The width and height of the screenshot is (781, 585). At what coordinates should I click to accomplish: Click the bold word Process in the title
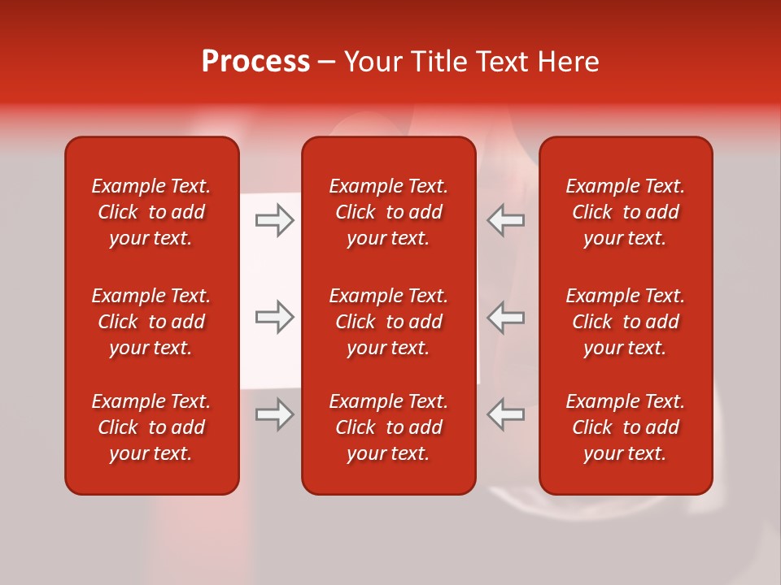(255, 62)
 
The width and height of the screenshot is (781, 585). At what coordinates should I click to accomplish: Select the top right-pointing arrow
(274, 220)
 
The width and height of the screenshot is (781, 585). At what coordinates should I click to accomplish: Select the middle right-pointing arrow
(274, 317)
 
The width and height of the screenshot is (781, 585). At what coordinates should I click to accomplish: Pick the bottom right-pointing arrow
(274, 414)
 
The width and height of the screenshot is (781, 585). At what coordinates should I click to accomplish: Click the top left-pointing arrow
(505, 220)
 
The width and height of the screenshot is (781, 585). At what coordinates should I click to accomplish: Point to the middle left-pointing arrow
(505, 317)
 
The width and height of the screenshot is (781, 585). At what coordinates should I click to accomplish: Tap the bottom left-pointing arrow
(505, 414)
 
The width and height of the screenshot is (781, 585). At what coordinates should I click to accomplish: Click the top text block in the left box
(151, 212)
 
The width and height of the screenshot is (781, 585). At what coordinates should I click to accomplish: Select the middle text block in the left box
(151, 322)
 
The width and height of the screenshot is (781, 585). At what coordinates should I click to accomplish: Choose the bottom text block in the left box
(151, 427)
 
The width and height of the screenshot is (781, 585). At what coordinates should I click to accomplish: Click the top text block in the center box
(388, 212)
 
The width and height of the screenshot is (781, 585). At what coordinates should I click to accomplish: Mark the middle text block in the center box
(388, 322)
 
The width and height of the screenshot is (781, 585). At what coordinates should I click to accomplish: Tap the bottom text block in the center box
(388, 427)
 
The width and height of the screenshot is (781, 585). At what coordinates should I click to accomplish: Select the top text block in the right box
(626, 212)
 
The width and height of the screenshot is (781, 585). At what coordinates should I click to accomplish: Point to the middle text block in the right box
(626, 322)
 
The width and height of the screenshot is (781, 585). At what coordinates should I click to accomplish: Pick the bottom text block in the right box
(626, 427)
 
